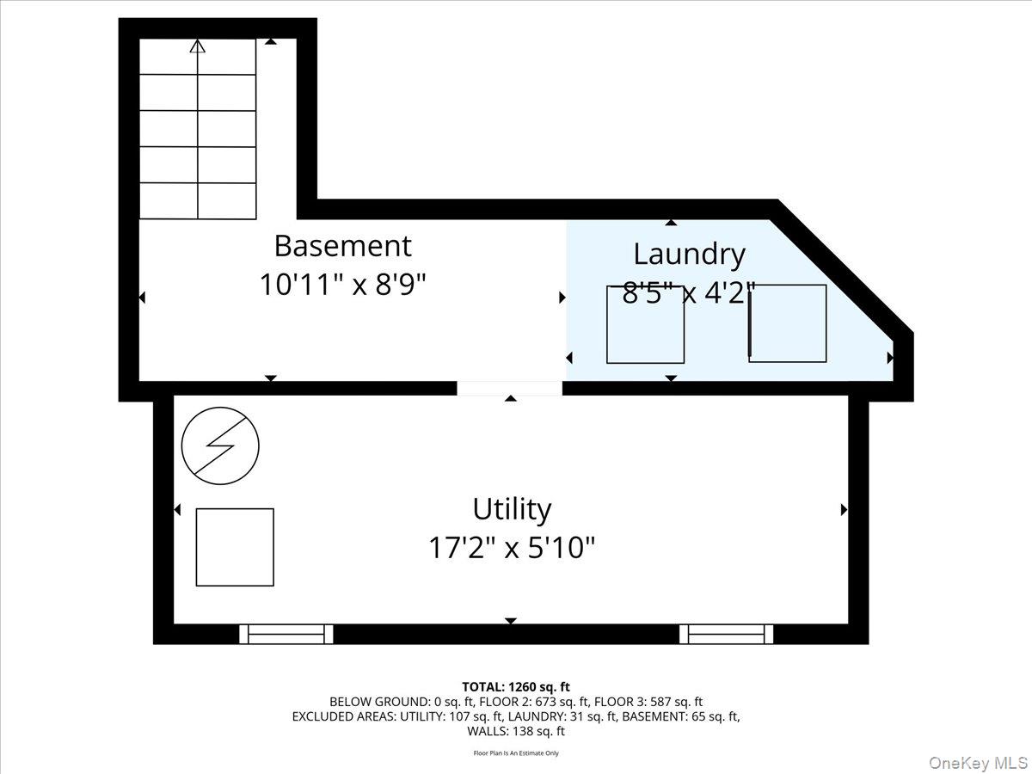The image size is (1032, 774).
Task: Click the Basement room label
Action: pyautogui.click(x=342, y=246)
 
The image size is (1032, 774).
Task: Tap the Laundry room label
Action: pyautogui.click(x=688, y=254)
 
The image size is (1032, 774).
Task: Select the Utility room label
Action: pyautogui.click(x=512, y=509)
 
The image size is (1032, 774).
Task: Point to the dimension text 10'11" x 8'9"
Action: pyautogui.click(x=342, y=285)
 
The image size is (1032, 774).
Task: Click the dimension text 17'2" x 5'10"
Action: pyautogui.click(x=512, y=547)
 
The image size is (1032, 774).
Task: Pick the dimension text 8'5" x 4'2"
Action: pyautogui.click(x=688, y=293)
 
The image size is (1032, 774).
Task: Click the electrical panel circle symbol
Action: pyautogui.click(x=220, y=445)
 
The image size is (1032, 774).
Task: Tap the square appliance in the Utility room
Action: pyautogui.click(x=235, y=547)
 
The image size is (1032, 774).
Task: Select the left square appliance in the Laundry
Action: pyautogui.click(x=645, y=324)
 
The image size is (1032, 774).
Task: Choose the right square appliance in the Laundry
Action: pyautogui.click(x=788, y=323)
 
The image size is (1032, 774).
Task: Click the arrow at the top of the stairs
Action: pyautogui.click(x=198, y=46)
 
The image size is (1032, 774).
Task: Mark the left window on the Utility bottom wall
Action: pyautogui.click(x=286, y=635)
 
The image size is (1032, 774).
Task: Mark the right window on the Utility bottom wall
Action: pyautogui.click(x=727, y=635)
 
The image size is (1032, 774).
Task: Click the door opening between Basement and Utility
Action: pyautogui.click(x=509, y=389)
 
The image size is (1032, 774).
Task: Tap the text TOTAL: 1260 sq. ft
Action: pyautogui.click(x=515, y=686)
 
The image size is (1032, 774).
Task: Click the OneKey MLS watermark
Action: pyautogui.click(x=980, y=762)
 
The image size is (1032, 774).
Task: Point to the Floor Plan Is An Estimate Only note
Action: pyautogui.click(x=515, y=753)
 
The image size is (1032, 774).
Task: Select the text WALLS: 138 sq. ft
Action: pyautogui.click(x=515, y=731)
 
